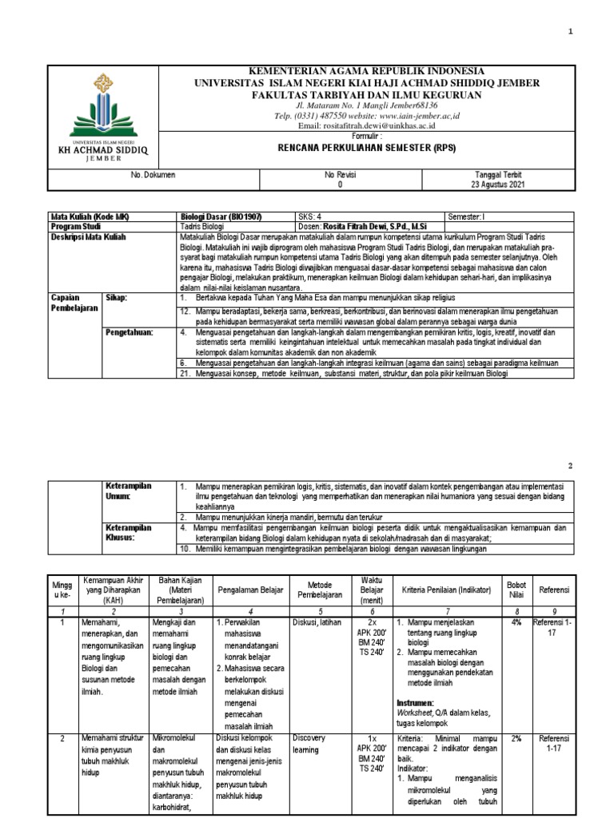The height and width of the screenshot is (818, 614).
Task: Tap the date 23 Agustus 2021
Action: (499, 184)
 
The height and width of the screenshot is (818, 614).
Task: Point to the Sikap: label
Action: (118, 296)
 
